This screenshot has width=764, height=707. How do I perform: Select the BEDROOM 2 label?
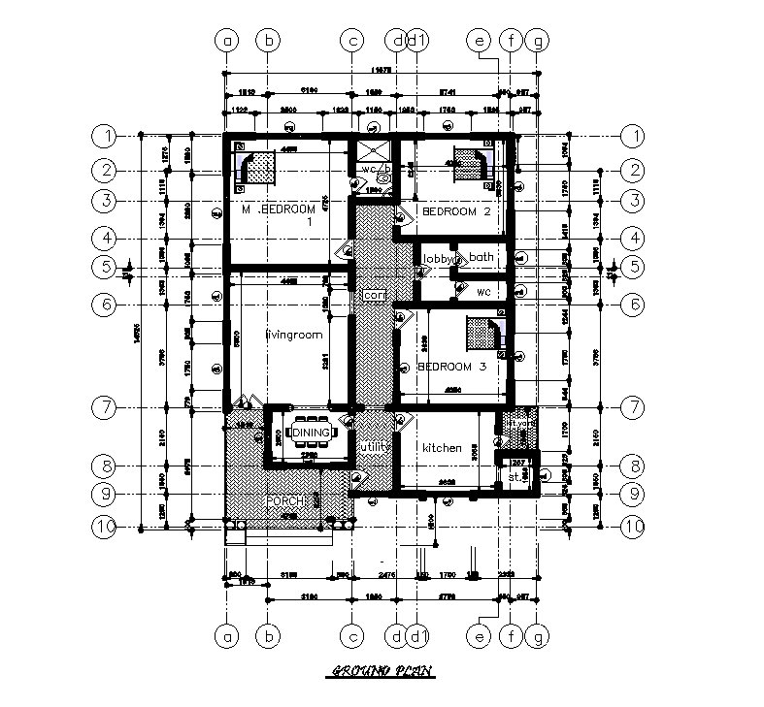[x=455, y=211]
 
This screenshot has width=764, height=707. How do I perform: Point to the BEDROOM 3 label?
[x=451, y=368]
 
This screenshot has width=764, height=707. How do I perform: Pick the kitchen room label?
[x=441, y=448]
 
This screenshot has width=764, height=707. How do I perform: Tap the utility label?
[x=373, y=444]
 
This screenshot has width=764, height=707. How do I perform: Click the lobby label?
[x=437, y=258]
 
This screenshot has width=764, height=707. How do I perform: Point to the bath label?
[x=482, y=257]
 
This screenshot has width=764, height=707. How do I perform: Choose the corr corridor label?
[x=374, y=294]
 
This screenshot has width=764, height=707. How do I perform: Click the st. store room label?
[x=515, y=477]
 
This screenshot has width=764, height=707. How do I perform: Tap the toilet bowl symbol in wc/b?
[x=383, y=178]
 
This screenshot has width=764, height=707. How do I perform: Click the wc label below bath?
[x=482, y=291]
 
